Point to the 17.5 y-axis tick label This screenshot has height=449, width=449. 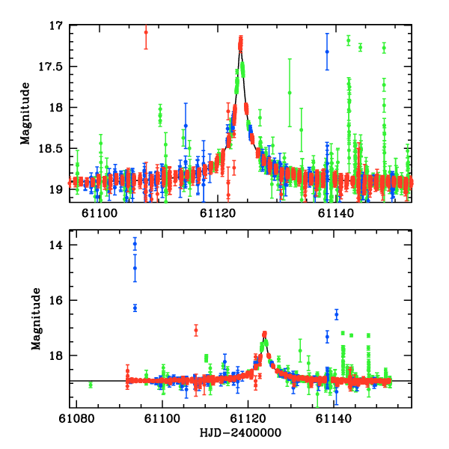pos(52,67)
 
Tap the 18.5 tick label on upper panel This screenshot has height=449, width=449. pos(52,149)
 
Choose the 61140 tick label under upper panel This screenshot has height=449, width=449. pos(335,213)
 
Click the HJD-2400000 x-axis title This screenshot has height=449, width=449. pos(241,433)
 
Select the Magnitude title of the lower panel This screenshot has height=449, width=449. pos(35,314)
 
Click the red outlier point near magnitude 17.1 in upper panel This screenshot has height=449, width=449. pos(146,32)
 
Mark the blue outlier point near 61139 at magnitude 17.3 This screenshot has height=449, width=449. pos(327,52)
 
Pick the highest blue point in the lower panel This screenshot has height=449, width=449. pos(135,244)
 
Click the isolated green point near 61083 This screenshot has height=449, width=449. pos(91,385)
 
